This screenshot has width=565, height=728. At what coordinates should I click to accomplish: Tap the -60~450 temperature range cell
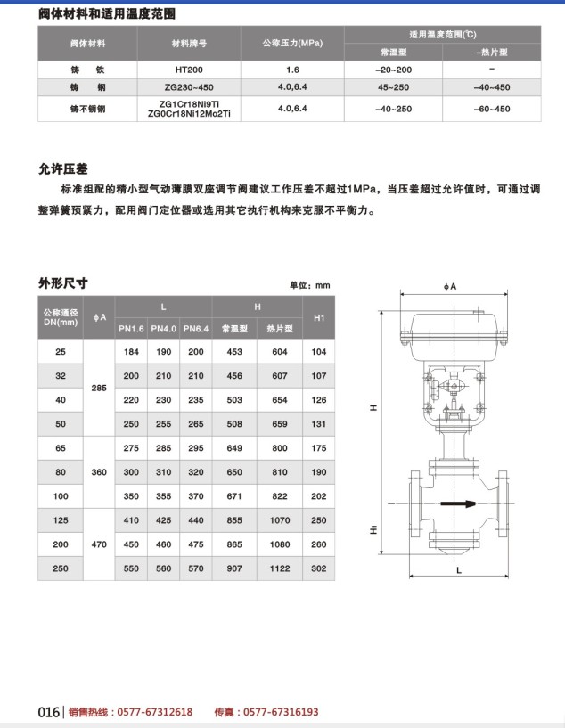click(492, 109)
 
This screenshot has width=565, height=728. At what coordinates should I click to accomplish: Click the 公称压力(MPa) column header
click(292, 43)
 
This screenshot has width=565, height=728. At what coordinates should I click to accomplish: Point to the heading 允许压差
click(63, 168)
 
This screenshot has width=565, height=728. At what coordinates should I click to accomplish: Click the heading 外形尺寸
click(63, 283)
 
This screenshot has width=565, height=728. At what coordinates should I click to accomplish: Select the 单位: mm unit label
click(309, 285)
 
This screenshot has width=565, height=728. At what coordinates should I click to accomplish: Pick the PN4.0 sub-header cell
click(163, 329)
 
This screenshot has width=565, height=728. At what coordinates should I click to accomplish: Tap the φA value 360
click(98, 471)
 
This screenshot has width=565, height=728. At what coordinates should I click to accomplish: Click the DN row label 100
click(61, 495)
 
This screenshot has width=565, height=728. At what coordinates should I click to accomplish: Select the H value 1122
click(280, 568)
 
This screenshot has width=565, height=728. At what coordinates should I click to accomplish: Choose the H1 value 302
click(319, 568)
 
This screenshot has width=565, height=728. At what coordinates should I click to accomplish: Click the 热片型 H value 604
click(280, 352)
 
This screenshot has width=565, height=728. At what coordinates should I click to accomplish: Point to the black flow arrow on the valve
click(455, 503)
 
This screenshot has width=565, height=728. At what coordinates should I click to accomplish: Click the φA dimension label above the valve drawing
click(450, 287)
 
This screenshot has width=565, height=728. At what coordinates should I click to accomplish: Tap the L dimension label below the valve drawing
click(459, 571)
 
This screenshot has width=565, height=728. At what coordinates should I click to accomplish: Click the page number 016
click(48, 712)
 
